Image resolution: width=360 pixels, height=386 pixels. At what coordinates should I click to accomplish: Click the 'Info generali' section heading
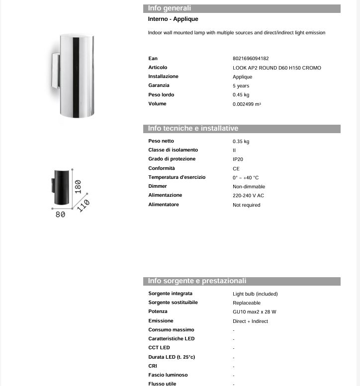[x=170, y=8]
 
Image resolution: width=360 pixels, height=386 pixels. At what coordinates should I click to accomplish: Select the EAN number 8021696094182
[x=251, y=59]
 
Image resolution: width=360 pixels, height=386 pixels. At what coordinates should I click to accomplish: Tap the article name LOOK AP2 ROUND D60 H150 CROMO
[x=276, y=68]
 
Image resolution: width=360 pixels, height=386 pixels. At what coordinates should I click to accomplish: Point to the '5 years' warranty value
[x=241, y=86]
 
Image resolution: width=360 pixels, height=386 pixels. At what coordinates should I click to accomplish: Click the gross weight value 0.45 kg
[x=241, y=95]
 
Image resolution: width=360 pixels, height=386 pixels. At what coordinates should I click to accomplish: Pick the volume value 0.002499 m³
[x=247, y=104]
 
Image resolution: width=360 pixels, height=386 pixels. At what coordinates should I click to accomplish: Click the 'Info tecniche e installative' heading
[x=193, y=129]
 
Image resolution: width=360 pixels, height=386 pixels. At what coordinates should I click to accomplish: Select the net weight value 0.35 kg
[x=241, y=142]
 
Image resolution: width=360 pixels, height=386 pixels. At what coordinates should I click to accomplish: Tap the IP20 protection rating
[x=238, y=159]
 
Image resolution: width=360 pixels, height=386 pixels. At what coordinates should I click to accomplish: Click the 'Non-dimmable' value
[x=249, y=187]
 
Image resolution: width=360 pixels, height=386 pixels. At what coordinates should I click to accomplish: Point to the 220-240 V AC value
[x=248, y=196]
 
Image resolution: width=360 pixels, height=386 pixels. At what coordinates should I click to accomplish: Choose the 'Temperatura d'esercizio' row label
[x=177, y=177]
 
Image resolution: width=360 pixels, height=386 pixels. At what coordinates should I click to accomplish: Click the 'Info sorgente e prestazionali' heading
[x=197, y=281]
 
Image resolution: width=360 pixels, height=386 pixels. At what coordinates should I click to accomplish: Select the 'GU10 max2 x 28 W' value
[x=254, y=312]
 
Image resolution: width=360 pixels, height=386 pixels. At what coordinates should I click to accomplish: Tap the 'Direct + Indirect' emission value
[x=250, y=321]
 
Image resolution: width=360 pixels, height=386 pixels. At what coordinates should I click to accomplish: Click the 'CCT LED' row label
[x=159, y=348]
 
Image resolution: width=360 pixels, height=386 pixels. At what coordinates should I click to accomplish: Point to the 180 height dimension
[x=78, y=186]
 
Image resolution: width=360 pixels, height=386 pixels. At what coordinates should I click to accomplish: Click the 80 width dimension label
[x=60, y=215]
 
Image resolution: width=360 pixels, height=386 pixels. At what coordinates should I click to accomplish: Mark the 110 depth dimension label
[x=83, y=205]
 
